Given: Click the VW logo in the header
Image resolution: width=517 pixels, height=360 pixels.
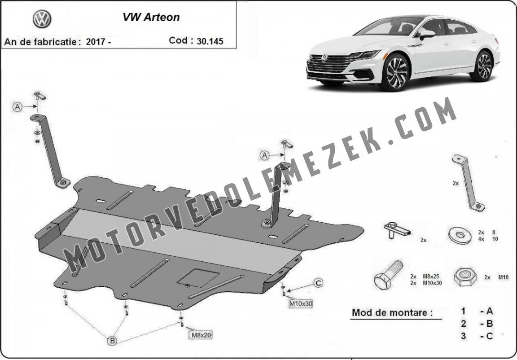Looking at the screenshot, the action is coord(42,19).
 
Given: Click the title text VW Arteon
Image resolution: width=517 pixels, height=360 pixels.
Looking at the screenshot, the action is coord(151,17).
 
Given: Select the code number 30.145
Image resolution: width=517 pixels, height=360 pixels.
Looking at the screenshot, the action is coord(210,41).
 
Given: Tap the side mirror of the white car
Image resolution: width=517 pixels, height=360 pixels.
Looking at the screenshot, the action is coord(427,34).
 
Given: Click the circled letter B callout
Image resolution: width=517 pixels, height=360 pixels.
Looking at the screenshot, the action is coord(113,341).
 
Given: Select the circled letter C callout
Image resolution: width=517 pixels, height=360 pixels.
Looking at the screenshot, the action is coord(318,283).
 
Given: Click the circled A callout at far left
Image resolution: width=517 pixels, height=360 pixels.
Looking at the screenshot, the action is coord(18,107).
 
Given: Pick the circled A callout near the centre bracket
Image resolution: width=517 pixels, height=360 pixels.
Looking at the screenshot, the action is coord(264,155).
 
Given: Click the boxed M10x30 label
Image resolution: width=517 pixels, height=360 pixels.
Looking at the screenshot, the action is coord(300,303).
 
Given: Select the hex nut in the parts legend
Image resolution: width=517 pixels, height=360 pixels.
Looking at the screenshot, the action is coord(465,277).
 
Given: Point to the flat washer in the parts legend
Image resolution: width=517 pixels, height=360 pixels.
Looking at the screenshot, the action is coord(460,235).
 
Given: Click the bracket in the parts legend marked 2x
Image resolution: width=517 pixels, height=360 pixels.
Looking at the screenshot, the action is coord(468,183).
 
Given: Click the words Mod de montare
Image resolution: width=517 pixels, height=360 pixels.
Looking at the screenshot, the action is coord(392,312).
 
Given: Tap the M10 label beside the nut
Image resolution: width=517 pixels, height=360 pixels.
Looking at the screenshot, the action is coord(503,277).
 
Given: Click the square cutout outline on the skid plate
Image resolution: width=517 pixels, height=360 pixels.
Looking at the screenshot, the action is coord(198,278).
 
